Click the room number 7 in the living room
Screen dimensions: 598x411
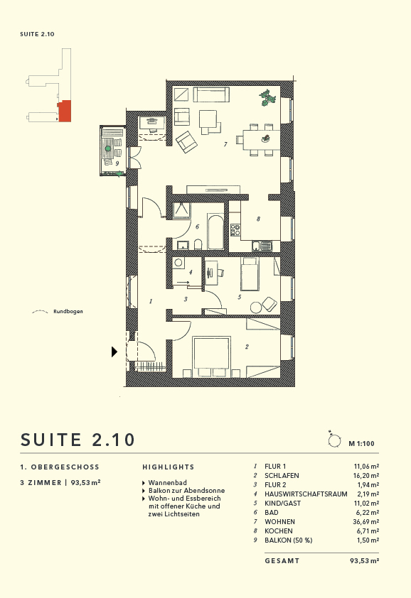click(225, 144)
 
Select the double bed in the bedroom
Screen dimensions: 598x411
click(212, 355)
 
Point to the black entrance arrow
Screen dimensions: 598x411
click(114, 351)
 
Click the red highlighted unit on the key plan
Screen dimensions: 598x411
click(65, 111)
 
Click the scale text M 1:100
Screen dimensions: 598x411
click(361, 443)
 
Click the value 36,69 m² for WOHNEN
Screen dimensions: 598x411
click(364, 521)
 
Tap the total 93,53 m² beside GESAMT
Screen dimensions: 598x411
click(364, 560)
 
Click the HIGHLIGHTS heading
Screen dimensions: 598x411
click(168, 467)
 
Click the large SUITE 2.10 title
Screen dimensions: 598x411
click(78, 439)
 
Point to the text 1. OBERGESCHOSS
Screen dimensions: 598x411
click(60, 467)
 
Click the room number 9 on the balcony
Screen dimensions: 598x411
click(116, 163)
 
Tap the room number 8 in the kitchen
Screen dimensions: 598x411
click(259, 219)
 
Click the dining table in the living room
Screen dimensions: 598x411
click(260, 138)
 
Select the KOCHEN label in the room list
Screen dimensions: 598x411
click(279, 531)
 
